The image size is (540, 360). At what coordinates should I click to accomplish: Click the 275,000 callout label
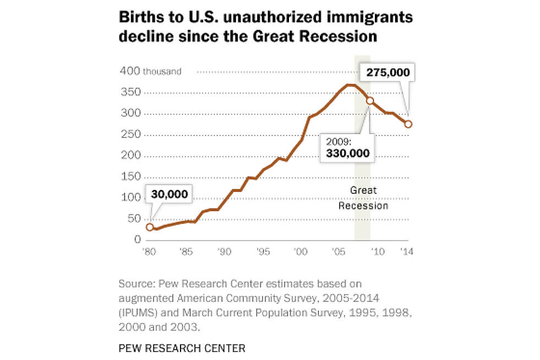[386, 73]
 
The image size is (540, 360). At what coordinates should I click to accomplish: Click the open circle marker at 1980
[150, 227]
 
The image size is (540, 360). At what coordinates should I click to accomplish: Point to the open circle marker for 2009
[370, 101]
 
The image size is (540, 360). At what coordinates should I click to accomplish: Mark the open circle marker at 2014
[408, 124]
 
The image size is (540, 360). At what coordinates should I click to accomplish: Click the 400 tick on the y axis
[130, 72]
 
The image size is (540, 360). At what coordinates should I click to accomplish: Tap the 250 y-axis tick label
[130, 135]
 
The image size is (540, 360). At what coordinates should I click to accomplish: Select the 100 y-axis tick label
[130, 198]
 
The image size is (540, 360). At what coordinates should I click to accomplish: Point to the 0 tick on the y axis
[136, 240]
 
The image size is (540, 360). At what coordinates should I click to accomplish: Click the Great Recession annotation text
[363, 198]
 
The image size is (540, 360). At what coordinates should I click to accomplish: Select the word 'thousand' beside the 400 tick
[162, 72]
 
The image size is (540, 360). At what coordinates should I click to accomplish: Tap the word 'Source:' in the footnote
[136, 284]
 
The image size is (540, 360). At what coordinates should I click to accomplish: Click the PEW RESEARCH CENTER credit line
[182, 348]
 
